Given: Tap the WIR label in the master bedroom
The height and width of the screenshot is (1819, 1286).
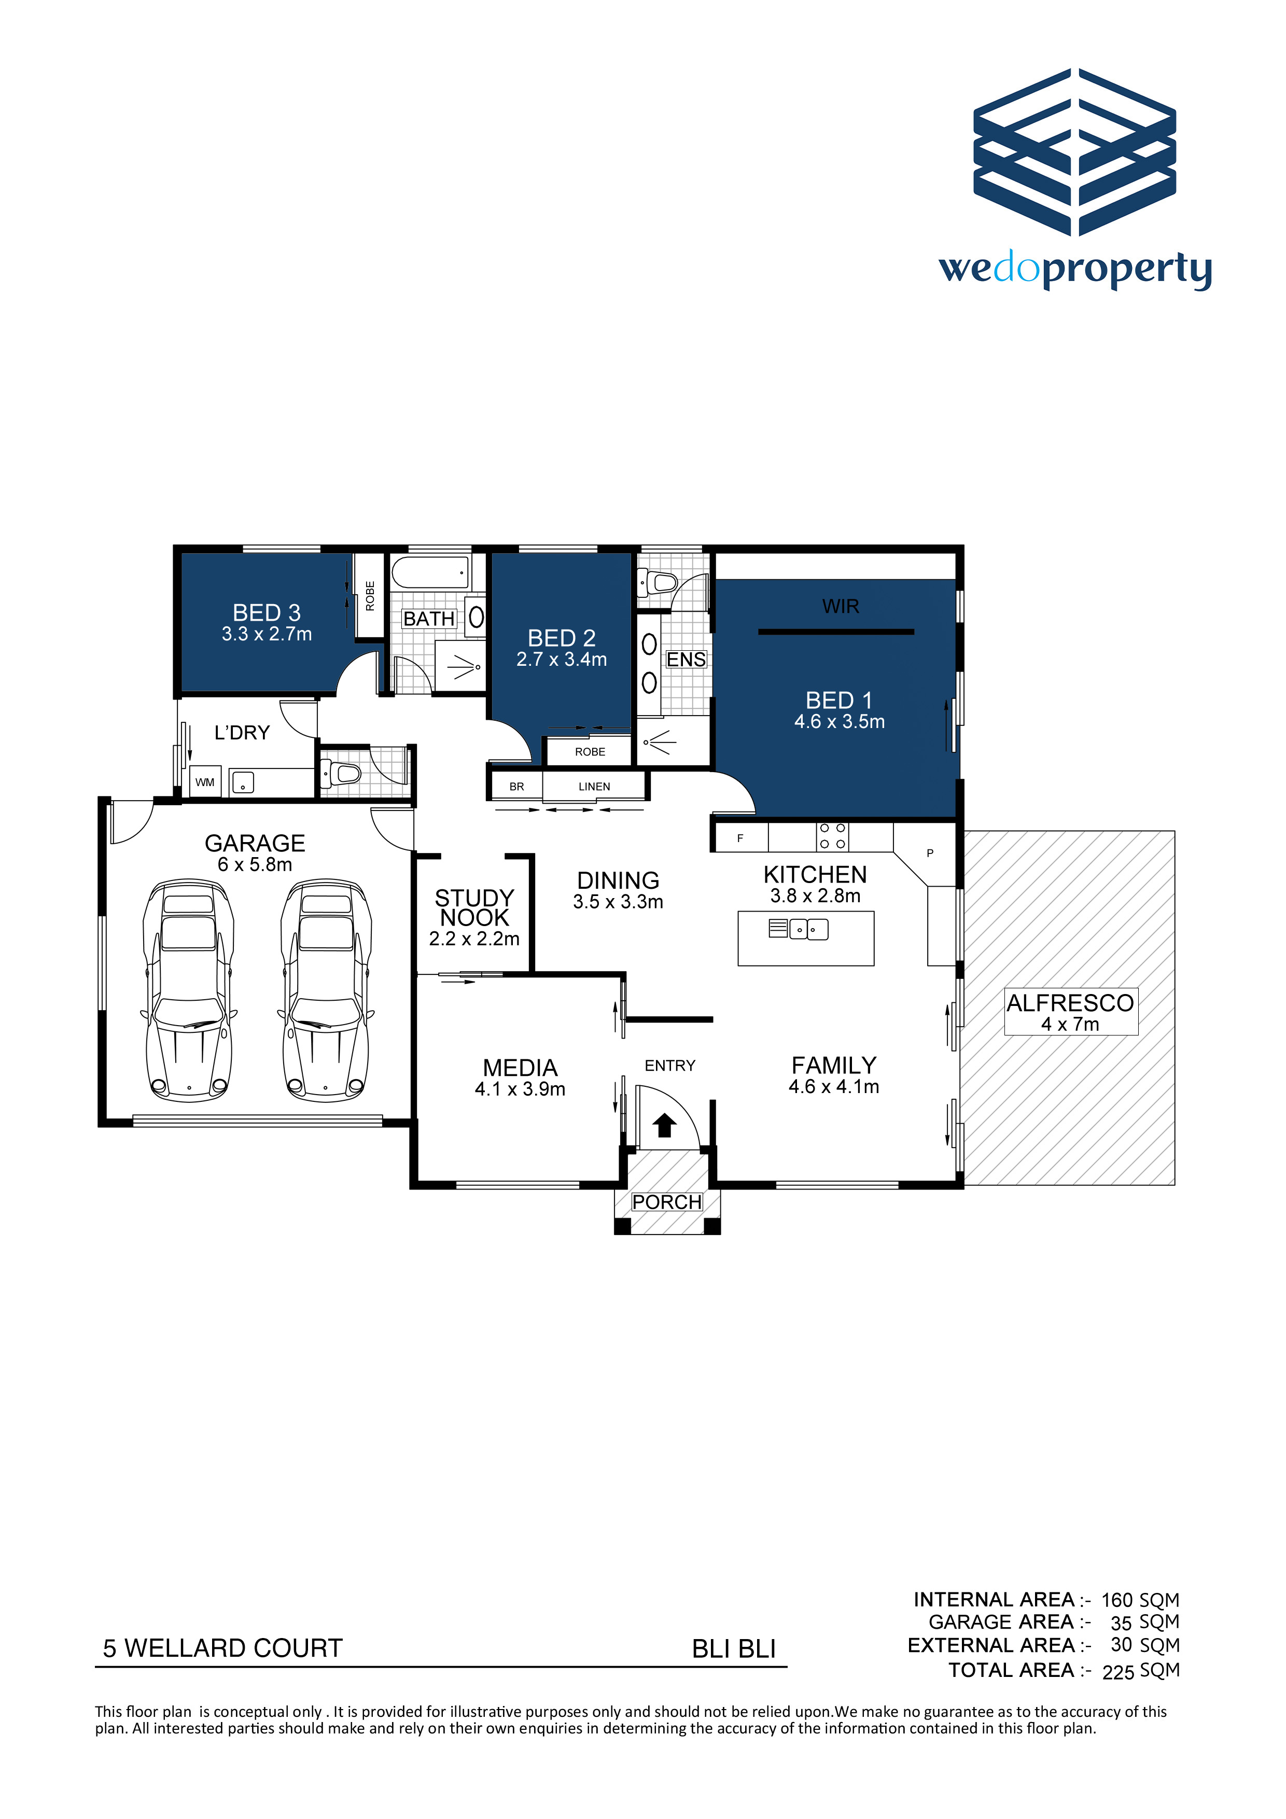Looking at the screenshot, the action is (x=840, y=606).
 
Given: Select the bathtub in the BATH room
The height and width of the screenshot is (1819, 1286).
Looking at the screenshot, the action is (x=430, y=572).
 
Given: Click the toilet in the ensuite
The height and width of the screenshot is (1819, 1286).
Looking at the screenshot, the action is (x=658, y=583).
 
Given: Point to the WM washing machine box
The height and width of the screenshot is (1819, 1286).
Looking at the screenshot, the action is (x=204, y=782).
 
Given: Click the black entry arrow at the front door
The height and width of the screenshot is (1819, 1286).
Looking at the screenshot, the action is (x=664, y=1125).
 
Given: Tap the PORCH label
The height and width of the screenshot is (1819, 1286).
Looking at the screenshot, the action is (x=667, y=1202).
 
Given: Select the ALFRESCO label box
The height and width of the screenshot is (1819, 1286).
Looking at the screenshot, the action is (x=1070, y=1011).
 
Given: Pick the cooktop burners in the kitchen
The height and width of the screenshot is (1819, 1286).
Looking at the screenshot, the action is (x=832, y=836).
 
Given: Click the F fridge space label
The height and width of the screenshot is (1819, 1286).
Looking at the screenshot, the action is (x=740, y=837).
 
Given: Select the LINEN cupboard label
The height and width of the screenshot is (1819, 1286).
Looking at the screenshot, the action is (x=594, y=786).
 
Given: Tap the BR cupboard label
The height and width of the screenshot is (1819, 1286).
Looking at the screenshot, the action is (x=516, y=786).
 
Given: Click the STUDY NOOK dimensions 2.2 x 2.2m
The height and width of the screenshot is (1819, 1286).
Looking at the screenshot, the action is (x=474, y=939).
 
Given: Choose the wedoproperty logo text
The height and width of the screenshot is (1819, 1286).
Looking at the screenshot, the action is (x=1075, y=270).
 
